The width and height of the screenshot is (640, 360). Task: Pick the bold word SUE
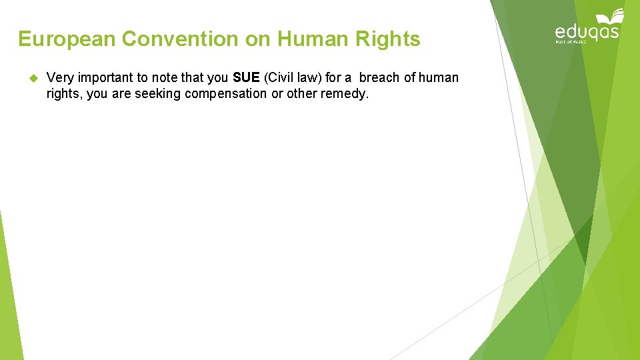pos(246,78)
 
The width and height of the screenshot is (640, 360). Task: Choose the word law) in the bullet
pos(309,78)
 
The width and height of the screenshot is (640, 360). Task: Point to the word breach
pos(379,78)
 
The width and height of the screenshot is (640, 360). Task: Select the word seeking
pos(158,94)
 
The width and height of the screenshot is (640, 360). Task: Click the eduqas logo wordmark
pos(587,32)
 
